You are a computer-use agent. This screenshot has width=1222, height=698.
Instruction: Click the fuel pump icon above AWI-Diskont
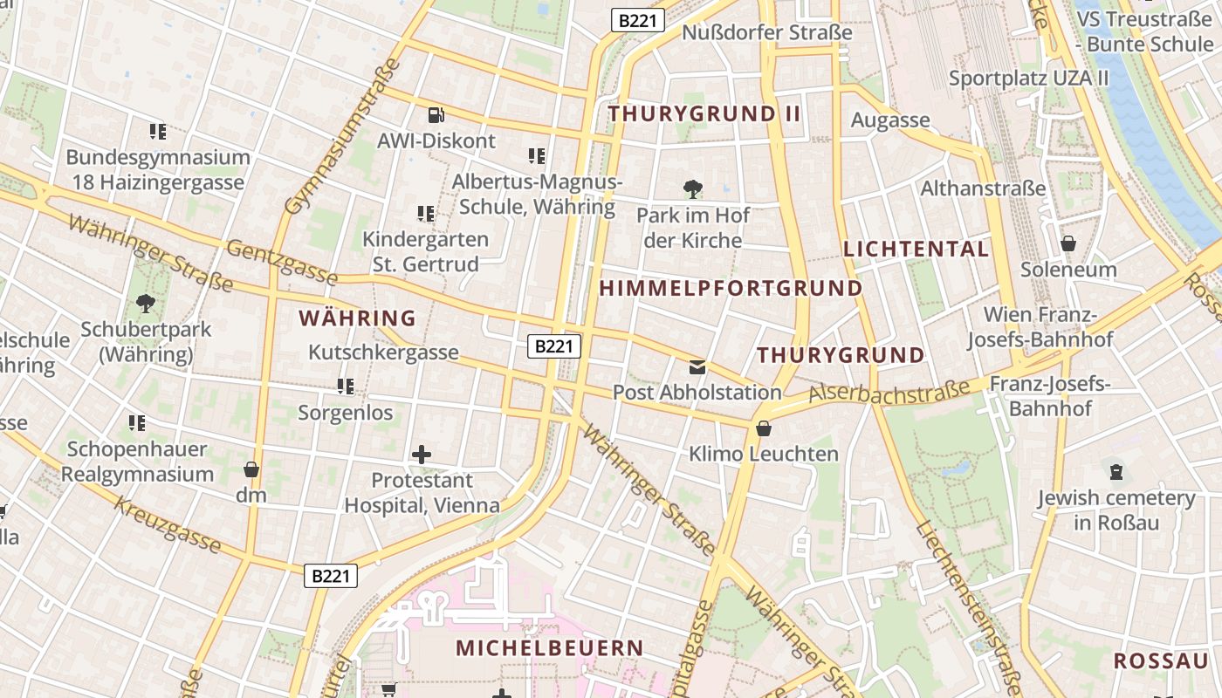coord(436,114)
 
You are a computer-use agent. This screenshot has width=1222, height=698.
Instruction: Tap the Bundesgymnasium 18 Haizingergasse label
coord(158,170)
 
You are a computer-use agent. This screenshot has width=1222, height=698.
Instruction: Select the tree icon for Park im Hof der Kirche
coord(692,188)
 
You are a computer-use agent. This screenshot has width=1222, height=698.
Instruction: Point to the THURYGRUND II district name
coord(704,113)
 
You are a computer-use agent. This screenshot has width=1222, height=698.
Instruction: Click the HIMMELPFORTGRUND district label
coord(731,288)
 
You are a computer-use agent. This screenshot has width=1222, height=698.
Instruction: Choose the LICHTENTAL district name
coord(916,249)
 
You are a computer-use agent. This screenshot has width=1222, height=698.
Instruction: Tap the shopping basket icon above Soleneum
coord(1068,243)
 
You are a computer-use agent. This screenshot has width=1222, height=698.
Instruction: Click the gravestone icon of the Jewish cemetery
coord(1116,472)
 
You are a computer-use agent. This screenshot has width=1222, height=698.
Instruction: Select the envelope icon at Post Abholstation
coord(697,367)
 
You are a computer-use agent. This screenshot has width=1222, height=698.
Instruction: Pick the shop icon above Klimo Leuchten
coord(764,428)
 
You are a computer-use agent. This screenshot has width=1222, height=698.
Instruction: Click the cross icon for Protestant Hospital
coord(422,454)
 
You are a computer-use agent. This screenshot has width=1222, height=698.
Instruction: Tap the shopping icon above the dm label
coord(251,469)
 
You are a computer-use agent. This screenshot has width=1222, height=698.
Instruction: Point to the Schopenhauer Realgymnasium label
coord(137,462)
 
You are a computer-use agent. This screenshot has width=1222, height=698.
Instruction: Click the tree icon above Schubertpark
coord(145,304)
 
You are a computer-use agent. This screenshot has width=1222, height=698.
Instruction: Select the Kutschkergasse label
coord(383,352)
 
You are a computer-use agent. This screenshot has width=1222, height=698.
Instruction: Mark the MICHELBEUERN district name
coord(549,648)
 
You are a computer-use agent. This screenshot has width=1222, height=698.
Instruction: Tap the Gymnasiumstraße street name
coord(342,136)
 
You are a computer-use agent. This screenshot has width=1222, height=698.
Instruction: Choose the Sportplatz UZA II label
coord(1028,78)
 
